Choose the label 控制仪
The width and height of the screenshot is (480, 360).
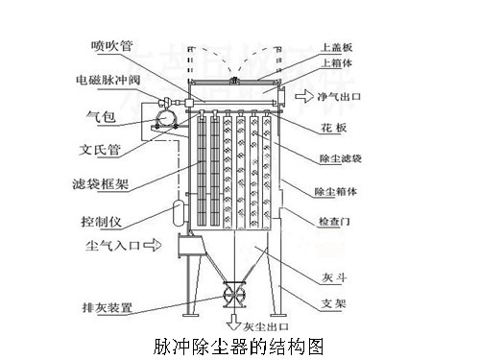pyautogui.click(x=105, y=220)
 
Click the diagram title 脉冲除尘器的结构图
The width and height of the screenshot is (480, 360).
pyautogui.click(x=241, y=346)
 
